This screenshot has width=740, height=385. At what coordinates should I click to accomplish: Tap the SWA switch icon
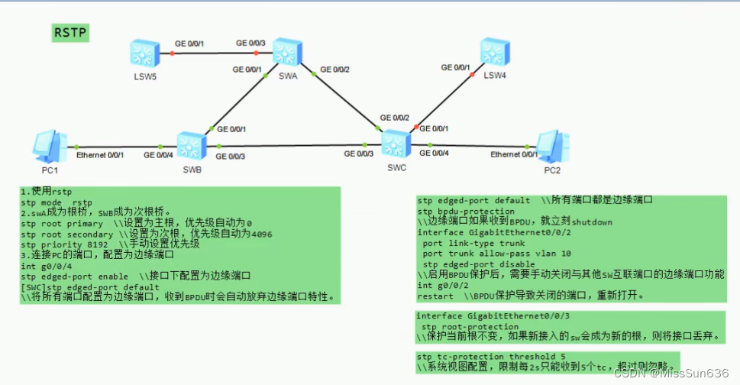click(287, 52)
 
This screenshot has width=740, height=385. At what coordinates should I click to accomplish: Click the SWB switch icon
click(192, 145)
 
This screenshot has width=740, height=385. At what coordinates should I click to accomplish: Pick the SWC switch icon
click(395, 143)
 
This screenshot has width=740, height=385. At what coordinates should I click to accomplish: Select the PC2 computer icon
click(551, 144)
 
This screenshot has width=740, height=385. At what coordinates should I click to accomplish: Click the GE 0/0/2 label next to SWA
click(335, 70)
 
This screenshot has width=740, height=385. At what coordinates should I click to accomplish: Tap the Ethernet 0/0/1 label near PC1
click(100, 155)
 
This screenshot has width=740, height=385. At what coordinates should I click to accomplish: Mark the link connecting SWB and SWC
click(290, 145)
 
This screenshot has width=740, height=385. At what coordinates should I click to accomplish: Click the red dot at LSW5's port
click(172, 53)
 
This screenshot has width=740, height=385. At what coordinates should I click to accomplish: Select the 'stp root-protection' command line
click(465, 326)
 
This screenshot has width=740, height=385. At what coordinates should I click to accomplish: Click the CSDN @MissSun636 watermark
click(673, 373)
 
